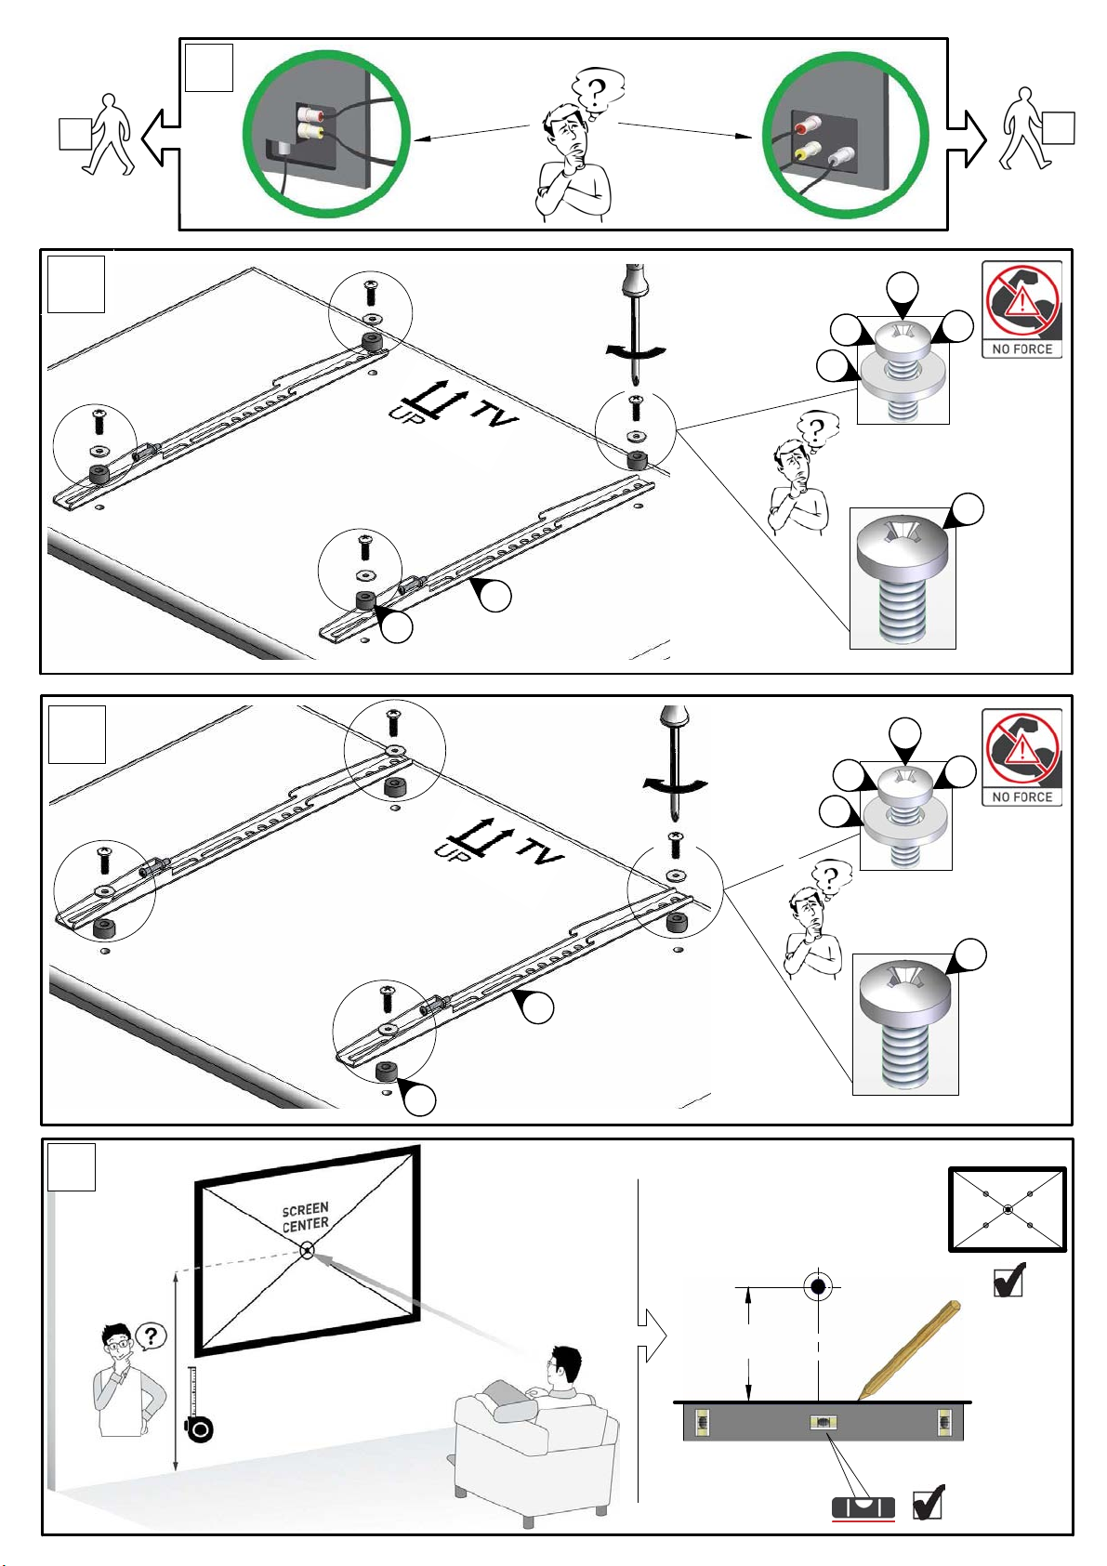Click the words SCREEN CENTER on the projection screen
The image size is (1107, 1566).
coord(306,1217)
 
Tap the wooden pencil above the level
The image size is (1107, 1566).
coord(909,1350)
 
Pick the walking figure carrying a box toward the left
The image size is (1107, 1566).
coord(98,134)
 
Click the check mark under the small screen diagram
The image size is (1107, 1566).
coord(1009,1280)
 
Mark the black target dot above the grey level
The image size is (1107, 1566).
coord(818,1286)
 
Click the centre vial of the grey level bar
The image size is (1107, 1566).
coord(819,1422)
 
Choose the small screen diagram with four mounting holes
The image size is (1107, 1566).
coord(1007,1210)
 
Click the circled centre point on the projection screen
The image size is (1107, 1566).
coord(307,1251)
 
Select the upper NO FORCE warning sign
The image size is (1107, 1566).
coord(1021,309)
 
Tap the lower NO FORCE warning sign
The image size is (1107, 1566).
coord(1021,757)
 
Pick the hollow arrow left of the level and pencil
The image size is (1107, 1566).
coord(652,1336)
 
